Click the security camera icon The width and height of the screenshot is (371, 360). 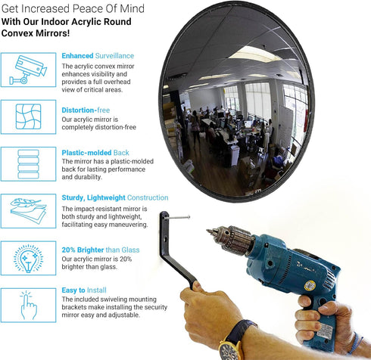click(x=28, y=70)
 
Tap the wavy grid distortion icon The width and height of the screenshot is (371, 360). click(x=28, y=116)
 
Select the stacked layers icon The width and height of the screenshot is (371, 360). click(x=28, y=164)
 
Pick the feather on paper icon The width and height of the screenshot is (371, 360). click(x=28, y=211)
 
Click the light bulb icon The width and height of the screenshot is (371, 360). click(x=28, y=258)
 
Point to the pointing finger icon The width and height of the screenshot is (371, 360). click(x=29, y=306)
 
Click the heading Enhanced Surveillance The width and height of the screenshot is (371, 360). click(x=98, y=56)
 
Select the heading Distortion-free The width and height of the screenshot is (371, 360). click(x=86, y=110)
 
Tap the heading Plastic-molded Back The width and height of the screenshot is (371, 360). click(x=95, y=153)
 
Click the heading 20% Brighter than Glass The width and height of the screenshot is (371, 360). click(x=101, y=250)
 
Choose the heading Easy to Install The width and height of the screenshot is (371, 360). click(x=84, y=290)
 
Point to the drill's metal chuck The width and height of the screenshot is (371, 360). click(x=229, y=237)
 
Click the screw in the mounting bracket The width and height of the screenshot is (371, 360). click(x=177, y=218)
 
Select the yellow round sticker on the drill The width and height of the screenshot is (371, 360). click(x=310, y=286)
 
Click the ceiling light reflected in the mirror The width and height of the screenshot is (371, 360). click(x=255, y=54)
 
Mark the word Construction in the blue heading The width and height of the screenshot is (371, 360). click(x=148, y=197)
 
